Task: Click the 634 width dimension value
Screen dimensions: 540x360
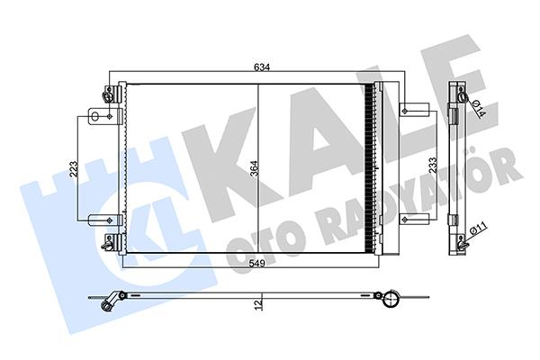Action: (262, 67)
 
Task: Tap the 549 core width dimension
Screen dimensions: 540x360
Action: (257, 264)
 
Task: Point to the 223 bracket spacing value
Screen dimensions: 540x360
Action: (74, 169)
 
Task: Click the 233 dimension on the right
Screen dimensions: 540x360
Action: (433, 166)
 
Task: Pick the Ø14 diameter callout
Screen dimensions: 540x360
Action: (479, 108)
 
